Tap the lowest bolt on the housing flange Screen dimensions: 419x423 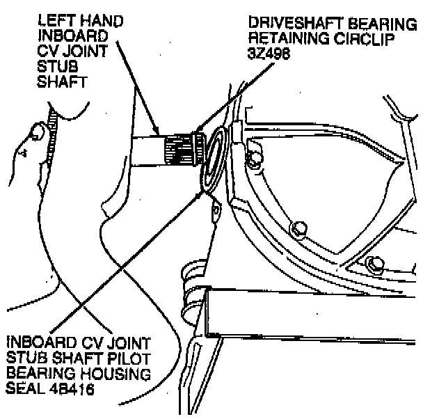tap(376, 264)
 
